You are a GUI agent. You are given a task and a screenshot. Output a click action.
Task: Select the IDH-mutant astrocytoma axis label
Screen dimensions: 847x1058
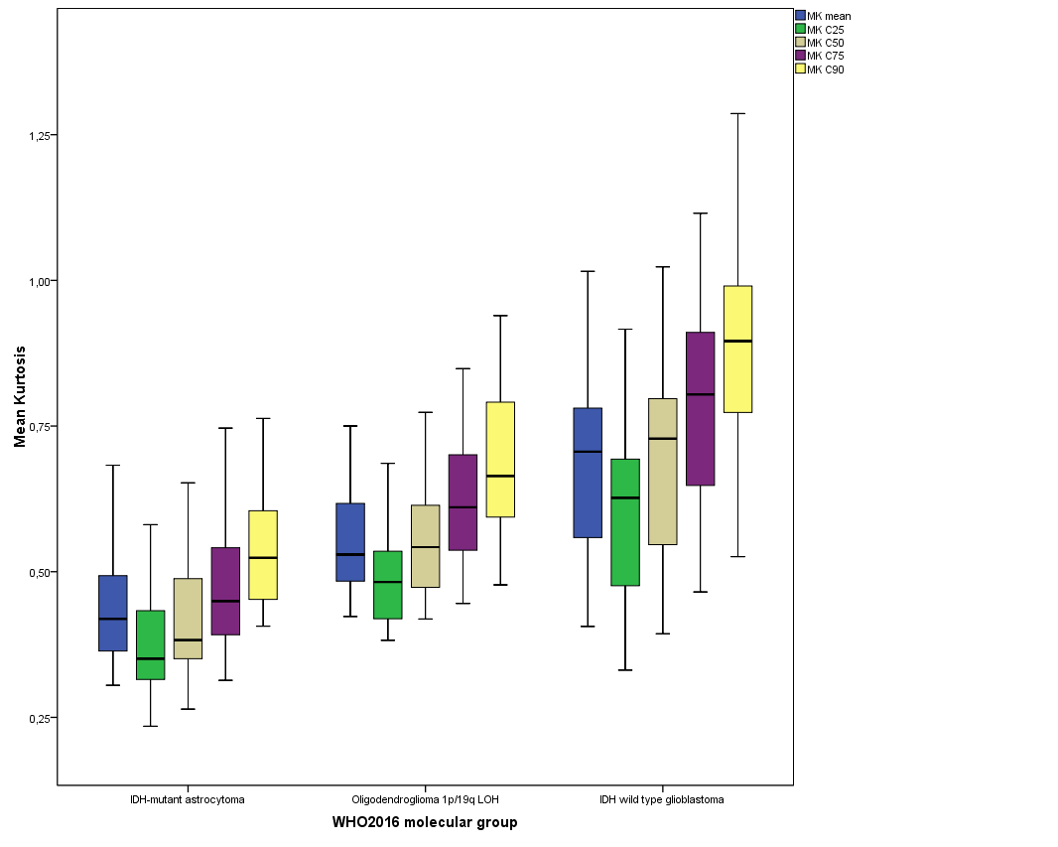[188, 799]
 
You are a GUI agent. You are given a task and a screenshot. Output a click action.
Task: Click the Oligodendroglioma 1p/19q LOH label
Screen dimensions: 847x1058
[425, 799]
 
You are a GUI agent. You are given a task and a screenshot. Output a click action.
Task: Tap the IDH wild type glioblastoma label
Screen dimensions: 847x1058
[662, 799]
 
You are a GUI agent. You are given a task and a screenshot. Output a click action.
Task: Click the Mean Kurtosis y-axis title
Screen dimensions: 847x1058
[20, 396]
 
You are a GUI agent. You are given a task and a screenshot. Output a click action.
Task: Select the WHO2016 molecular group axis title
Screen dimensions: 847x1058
[425, 822]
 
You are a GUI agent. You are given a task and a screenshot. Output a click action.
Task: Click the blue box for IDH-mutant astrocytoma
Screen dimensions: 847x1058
[112, 613]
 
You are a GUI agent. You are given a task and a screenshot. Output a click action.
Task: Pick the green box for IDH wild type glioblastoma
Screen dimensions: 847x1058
[625, 522]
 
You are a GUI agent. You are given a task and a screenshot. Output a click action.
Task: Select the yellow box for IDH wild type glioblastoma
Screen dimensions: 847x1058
[737, 349]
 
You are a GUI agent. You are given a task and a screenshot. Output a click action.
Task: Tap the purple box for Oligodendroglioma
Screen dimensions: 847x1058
[463, 502]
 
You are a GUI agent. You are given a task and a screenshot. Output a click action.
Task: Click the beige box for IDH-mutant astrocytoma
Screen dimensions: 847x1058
[188, 619]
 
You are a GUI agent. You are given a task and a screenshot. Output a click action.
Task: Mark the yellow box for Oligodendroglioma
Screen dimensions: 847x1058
[500, 460]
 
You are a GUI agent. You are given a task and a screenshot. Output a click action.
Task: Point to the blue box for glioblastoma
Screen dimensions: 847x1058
[588, 473]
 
